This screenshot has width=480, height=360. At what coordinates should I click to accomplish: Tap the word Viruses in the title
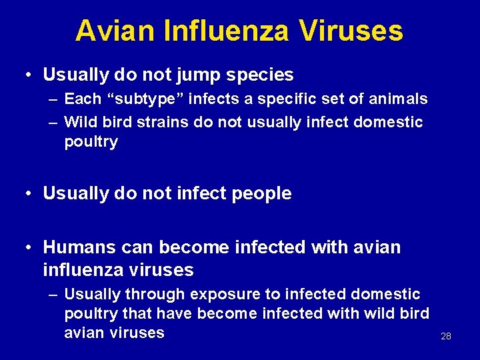pyautogui.click(x=350, y=31)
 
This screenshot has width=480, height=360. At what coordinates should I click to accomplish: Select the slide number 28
pyautogui.click(x=446, y=336)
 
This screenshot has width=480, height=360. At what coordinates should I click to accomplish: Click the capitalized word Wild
pyautogui.click(x=80, y=122)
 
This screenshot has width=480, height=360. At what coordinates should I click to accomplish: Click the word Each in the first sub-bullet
pyautogui.click(x=83, y=99)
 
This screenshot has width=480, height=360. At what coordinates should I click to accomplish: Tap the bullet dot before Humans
pyautogui.click(x=27, y=247)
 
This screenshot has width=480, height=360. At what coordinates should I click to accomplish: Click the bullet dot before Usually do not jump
pyautogui.click(x=27, y=75)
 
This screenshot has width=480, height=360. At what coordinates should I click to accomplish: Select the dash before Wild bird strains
pyautogui.click(x=52, y=122)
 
